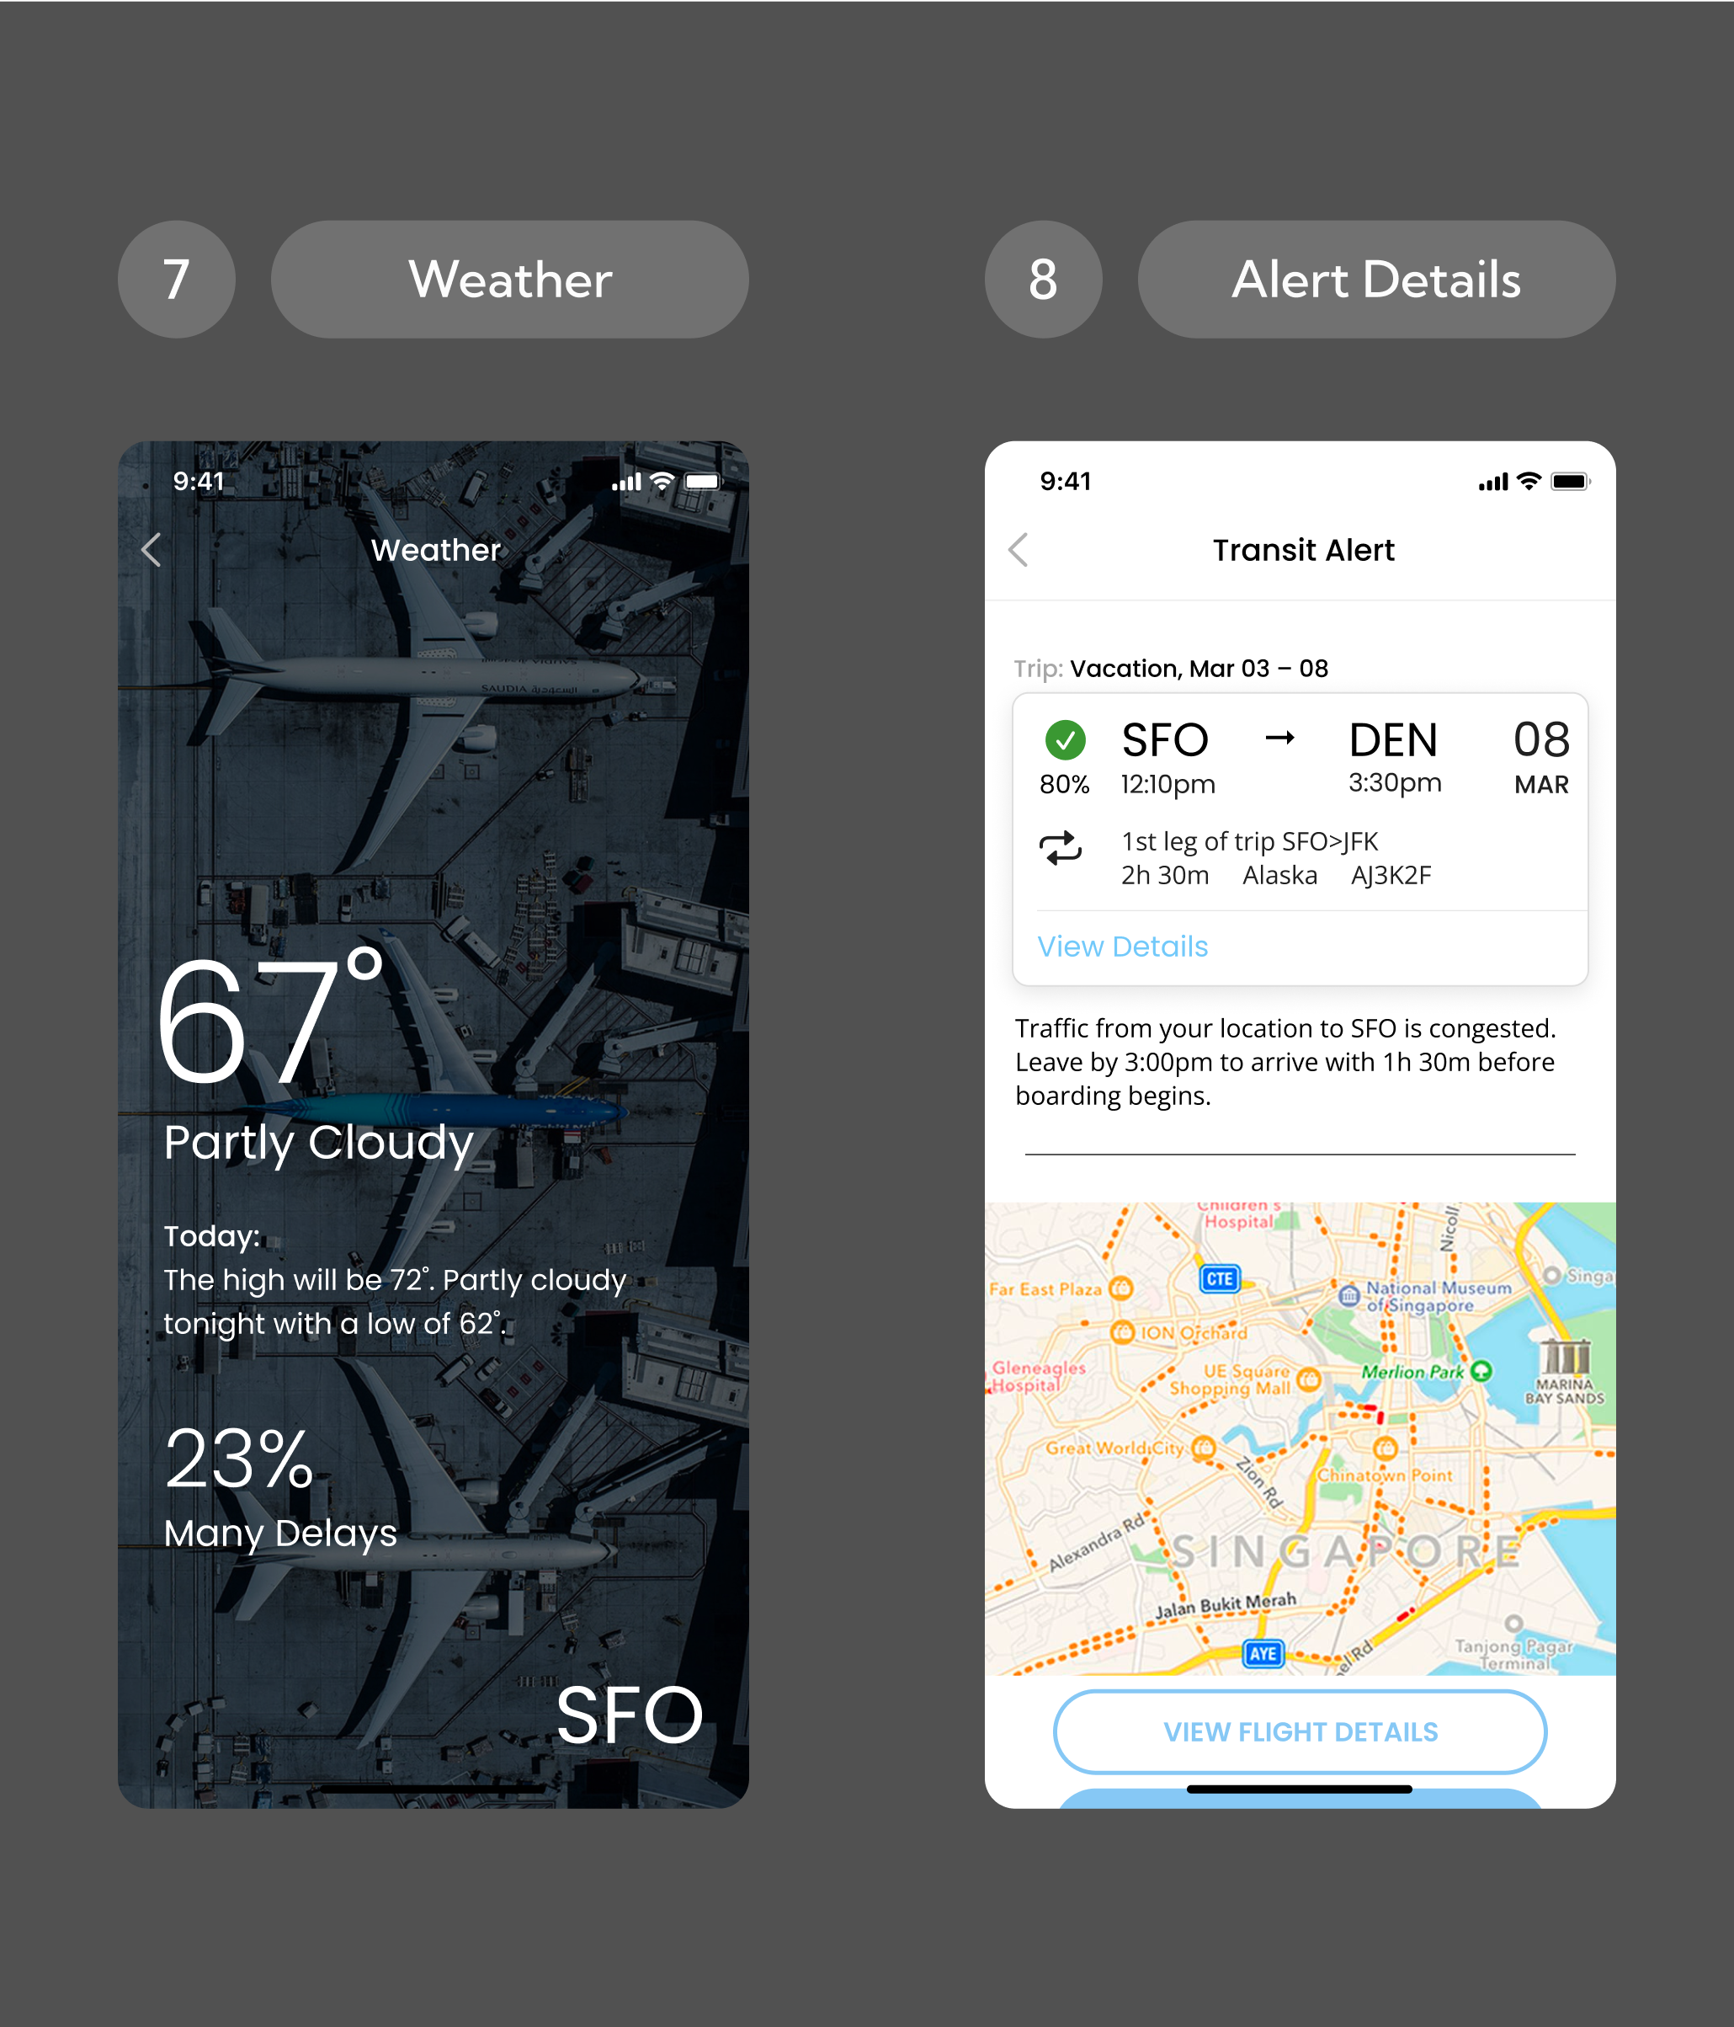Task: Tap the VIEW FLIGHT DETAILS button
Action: tap(1300, 1731)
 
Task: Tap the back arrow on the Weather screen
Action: tap(152, 550)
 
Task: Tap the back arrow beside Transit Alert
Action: tap(1019, 550)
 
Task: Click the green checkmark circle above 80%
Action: tap(1065, 739)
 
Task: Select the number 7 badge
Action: tap(176, 280)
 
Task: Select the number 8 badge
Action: tap(1044, 280)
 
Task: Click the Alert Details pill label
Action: tap(1376, 280)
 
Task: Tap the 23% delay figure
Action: tap(240, 1459)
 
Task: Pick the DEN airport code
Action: tap(1393, 740)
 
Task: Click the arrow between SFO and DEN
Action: tap(1279, 738)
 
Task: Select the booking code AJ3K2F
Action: tap(1391, 875)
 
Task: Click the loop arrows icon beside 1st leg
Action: tap(1060, 848)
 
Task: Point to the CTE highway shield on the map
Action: tap(1220, 1278)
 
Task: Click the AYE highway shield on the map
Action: tap(1263, 1653)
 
